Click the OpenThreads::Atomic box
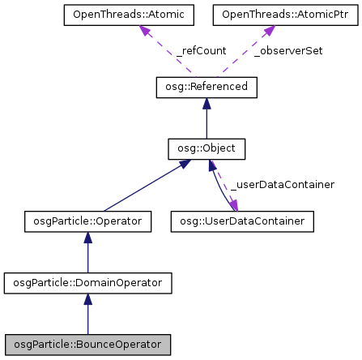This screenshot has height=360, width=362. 128,15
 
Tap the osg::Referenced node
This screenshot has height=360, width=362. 207,88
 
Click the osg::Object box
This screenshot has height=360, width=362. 207,149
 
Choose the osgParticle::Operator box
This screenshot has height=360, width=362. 88,221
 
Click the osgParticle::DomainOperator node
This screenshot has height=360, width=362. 88,283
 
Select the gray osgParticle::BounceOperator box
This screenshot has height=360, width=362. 88,345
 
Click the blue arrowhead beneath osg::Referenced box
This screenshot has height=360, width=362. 207,105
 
